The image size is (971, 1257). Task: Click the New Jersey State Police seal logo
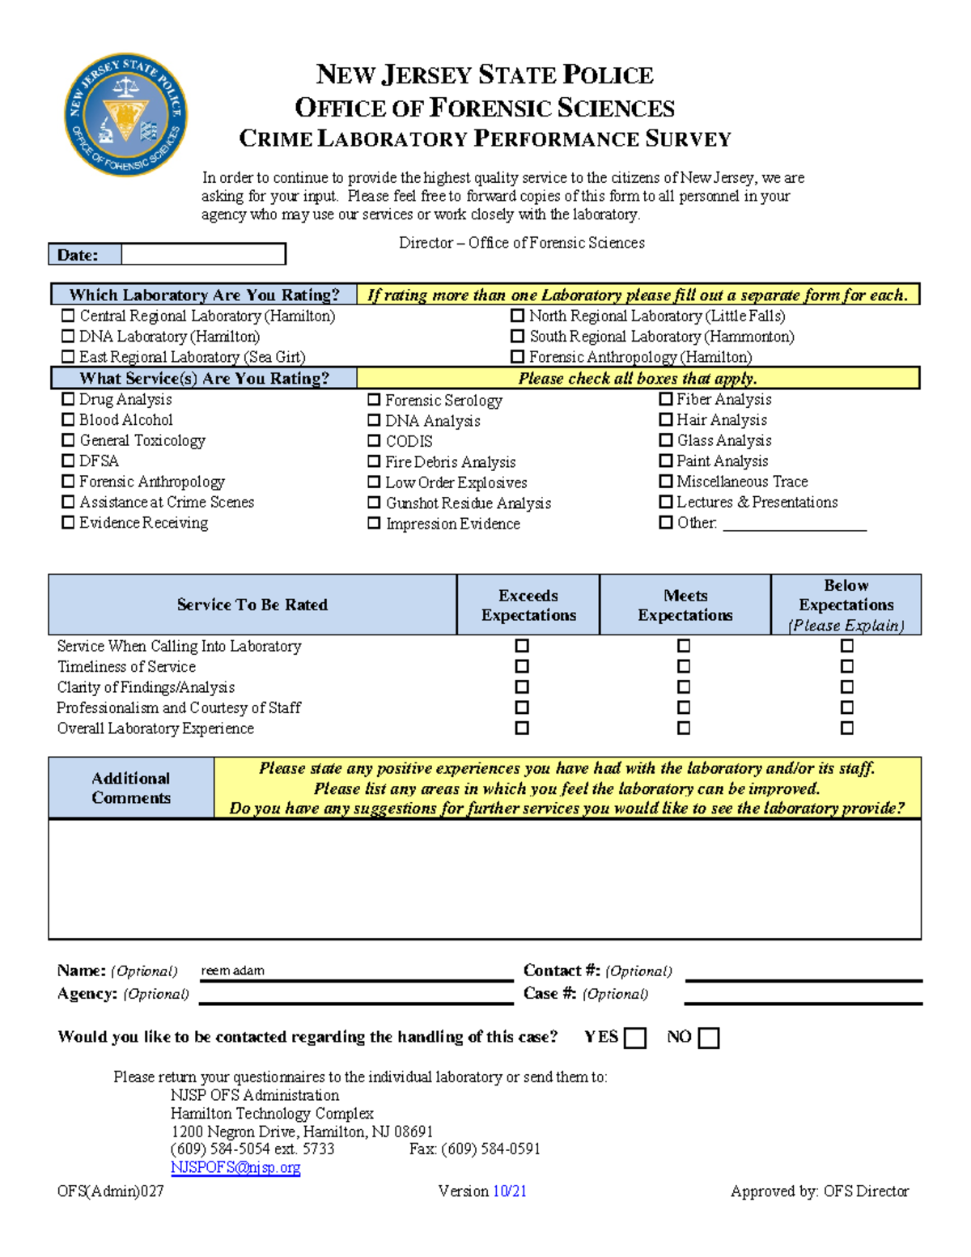click(125, 115)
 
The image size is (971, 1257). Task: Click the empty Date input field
click(203, 255)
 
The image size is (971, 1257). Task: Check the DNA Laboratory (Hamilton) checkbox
click(68, 336)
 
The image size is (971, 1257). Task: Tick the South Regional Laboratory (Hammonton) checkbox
click(518, 336)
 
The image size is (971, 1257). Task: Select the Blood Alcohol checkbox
click(68, 419)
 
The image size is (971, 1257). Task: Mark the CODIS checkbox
click(374, 441)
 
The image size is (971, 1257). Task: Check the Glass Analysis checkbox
click(666, 440)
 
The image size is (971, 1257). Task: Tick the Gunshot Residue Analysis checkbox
click(374, 503)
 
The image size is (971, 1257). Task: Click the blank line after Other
click(794, 524)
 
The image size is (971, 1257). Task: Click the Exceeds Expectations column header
click(528, 605)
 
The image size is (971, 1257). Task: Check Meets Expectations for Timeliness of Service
click(684, 666)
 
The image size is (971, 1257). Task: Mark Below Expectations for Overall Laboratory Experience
click(847, 728)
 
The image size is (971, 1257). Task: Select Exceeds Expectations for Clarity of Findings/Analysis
click(522, 686)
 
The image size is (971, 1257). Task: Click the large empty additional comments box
click(485, 879)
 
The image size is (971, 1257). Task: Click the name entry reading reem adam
click(233, 970)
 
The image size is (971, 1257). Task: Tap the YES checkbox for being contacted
click(636, 1038)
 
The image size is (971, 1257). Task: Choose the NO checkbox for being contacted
click(709, 1038)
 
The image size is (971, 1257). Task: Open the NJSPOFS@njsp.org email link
click(235, 1167)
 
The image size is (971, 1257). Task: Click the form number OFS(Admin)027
click(110, 1191)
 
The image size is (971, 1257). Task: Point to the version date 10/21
click(510, 1191)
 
